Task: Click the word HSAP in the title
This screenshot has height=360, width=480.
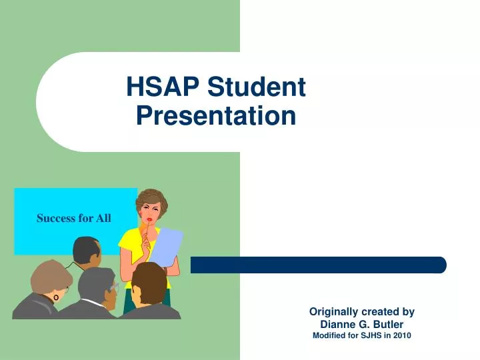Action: coord(163,87)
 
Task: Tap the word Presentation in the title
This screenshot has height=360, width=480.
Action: coord(215,117)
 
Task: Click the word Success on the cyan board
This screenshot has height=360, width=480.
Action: coord(55,218)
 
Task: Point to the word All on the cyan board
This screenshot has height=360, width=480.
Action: coord(103,218)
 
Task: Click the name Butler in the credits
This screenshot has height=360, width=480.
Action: coord(385,324)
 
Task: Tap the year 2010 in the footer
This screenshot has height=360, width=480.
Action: coord(401,335)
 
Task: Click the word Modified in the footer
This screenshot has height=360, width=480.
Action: coord(330,335)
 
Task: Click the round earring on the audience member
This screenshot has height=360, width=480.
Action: coord(57,297)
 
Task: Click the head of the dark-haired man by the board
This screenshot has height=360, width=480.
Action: coord(86,251)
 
